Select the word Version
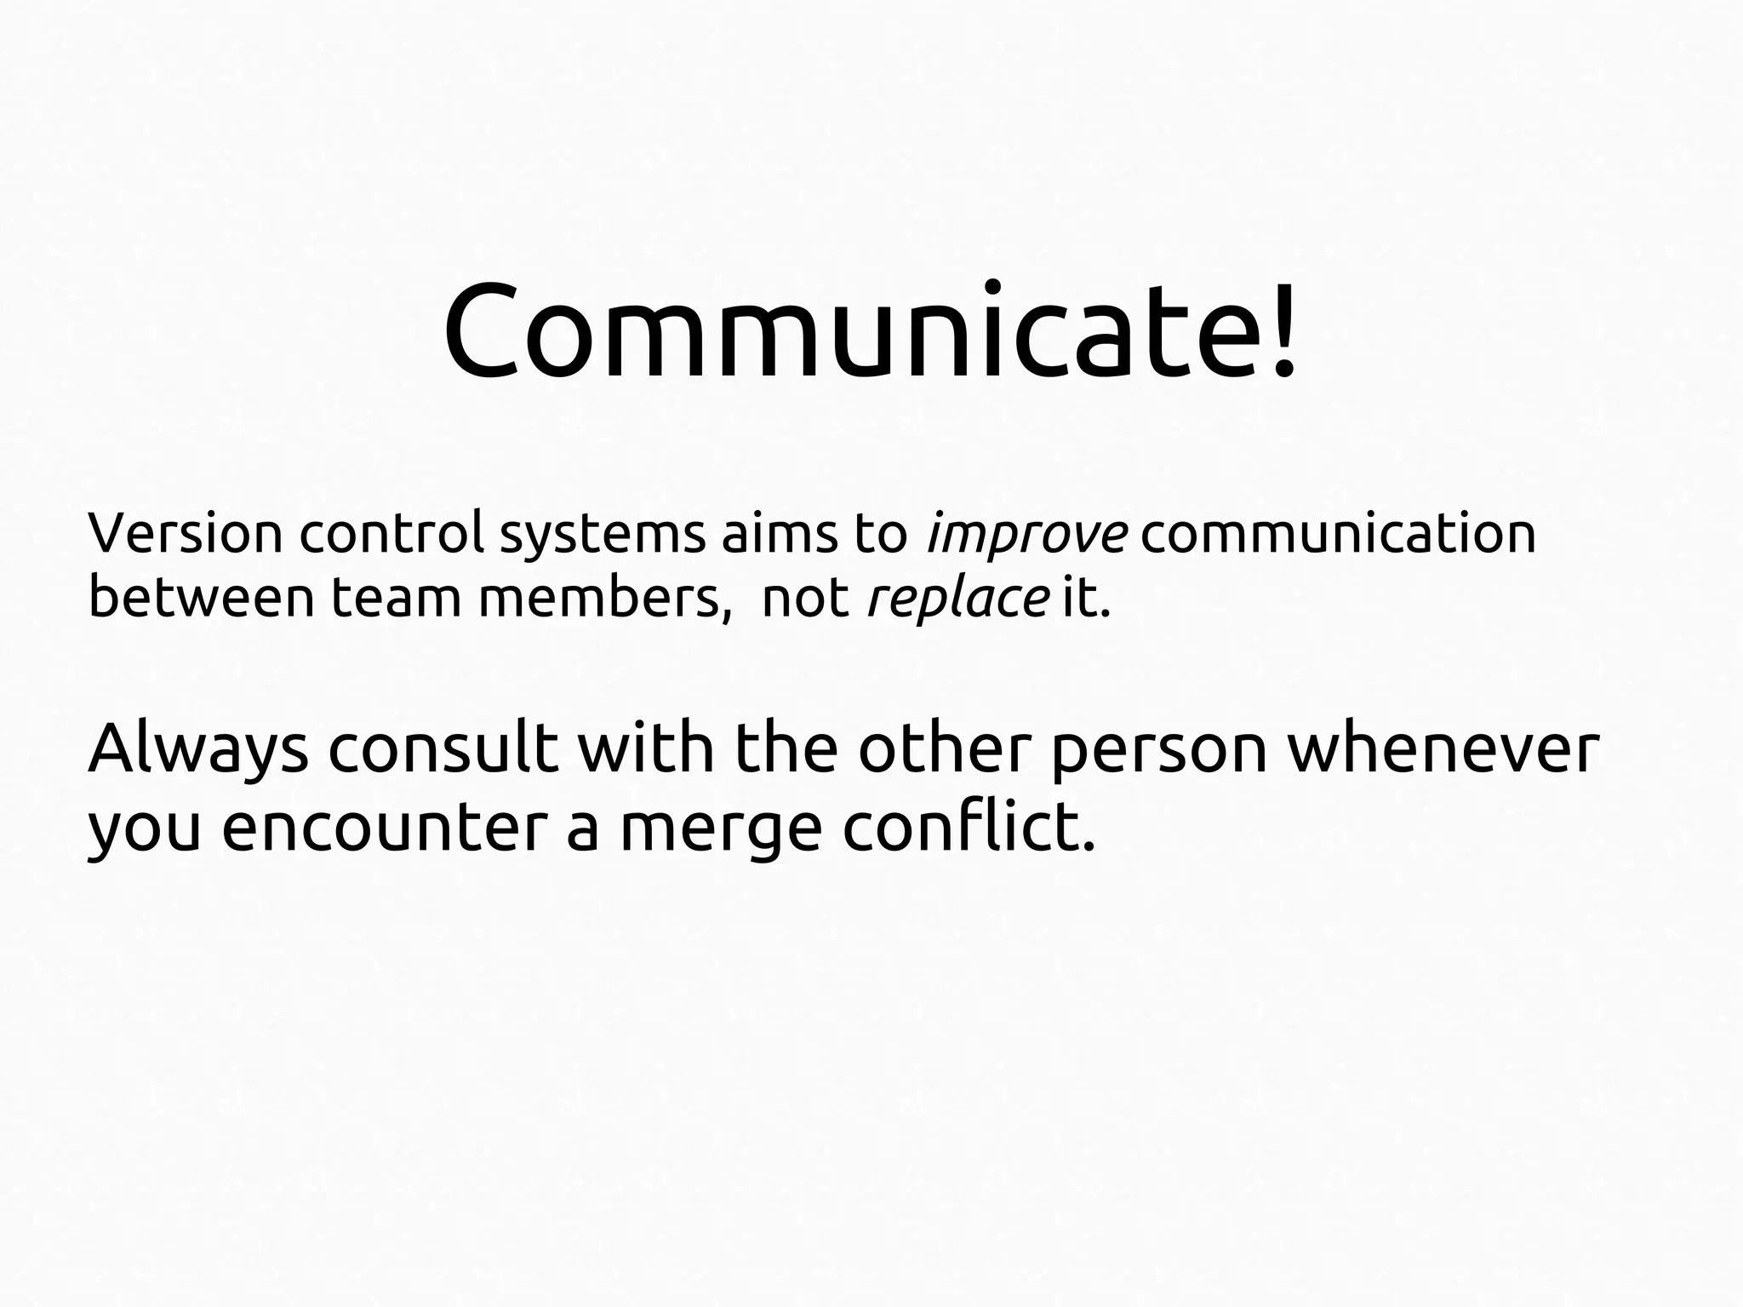click(x=185, y=534)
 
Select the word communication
click(x=1338, y=534)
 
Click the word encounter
click(x=382, y=827)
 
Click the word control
click(x=391, y=534)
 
